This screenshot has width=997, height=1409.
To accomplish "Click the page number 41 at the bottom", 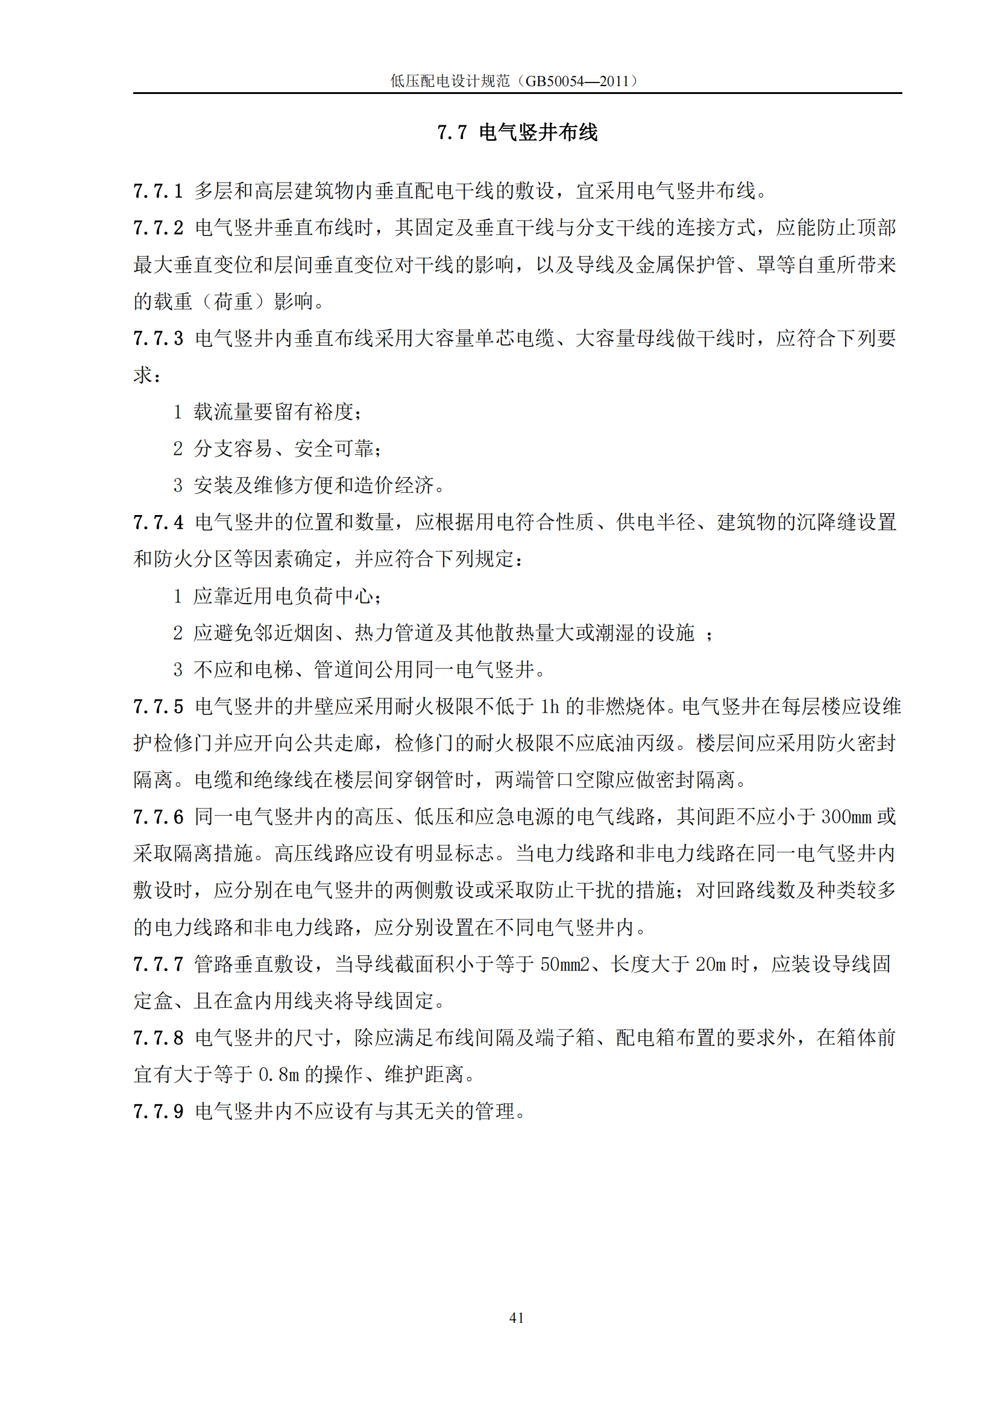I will [517, 1317].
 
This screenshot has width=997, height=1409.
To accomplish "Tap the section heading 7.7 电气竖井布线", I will [517, 132].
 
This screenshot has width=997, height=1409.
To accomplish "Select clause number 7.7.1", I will [159, 191].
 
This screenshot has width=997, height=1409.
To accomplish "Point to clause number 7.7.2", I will [159, 228].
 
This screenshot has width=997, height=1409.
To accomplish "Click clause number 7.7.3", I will [159, 338].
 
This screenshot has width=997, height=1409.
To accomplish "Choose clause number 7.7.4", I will [159, 522].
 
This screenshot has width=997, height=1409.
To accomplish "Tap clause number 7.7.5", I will [159, 707].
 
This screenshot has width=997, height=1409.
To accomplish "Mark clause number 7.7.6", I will [159, 817].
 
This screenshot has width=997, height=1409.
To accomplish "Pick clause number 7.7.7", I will [159, 964].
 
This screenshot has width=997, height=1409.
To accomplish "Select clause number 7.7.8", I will [159, 1038].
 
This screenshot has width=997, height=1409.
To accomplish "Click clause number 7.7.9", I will [159, 1111].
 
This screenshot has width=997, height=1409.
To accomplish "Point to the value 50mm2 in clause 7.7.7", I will [565, 964].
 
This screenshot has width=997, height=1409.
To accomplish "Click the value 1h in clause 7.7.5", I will [550, 707].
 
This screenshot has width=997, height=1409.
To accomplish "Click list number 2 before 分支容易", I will [178, 449].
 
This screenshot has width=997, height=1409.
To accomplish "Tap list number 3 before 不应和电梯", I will [178, 669].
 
